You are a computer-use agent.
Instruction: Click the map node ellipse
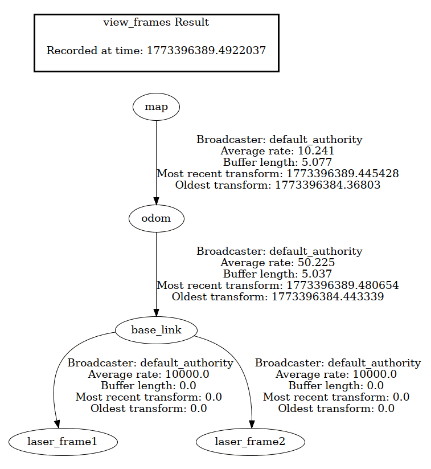[156, 107]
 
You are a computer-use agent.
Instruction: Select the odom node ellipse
[156, 218]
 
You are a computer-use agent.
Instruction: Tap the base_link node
[156, 330]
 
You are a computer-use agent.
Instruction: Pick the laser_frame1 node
[63, 441]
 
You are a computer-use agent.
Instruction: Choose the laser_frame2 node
[251, 441]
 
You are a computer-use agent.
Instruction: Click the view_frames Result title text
[156, 23]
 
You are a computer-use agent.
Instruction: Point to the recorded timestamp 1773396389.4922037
[206, 50]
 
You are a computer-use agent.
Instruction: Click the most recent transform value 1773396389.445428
[342, 173]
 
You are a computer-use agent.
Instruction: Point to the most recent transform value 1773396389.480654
[342, 285]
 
